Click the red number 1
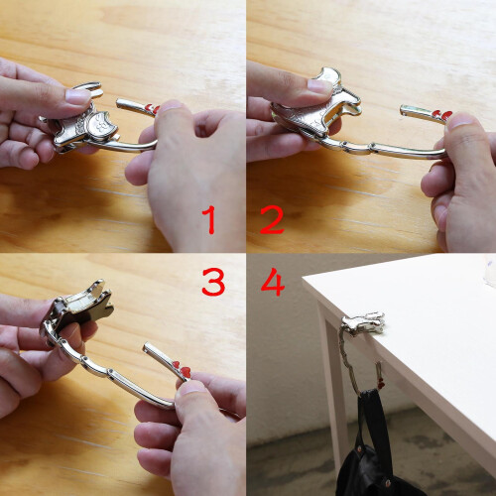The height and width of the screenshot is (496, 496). (210, 219)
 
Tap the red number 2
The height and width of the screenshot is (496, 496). (272, 219)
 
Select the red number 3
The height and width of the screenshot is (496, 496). (213, 282)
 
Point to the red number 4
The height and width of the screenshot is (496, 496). (273, 282)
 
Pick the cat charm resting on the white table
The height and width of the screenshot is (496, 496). (364, 322)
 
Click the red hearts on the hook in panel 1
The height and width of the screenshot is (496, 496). (153, 108)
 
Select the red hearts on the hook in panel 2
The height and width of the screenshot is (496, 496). (443, 115)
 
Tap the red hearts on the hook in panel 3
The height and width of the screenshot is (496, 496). (182, 368)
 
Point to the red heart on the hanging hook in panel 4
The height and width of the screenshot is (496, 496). (381, 385)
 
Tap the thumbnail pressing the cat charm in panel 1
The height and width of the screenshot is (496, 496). (78, 97)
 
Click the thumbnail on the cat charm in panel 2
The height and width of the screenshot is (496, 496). (320, 86)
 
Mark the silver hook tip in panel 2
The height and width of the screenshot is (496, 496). (404, 110)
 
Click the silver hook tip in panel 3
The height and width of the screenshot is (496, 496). (148, 347)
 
